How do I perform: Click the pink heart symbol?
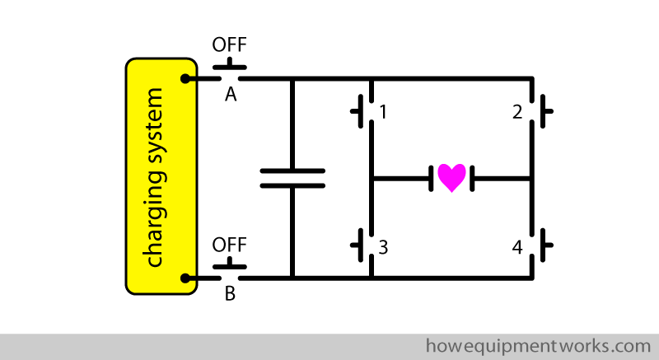(451, 177)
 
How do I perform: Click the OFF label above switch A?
(230, 44)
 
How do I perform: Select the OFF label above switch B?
(230, 245)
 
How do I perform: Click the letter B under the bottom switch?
(231, 293)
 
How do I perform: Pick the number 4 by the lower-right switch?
(517, 246)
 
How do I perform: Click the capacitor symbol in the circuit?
(292, 178)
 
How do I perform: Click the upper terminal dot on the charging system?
(188, 79)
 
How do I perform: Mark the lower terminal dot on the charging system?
(188, 278)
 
